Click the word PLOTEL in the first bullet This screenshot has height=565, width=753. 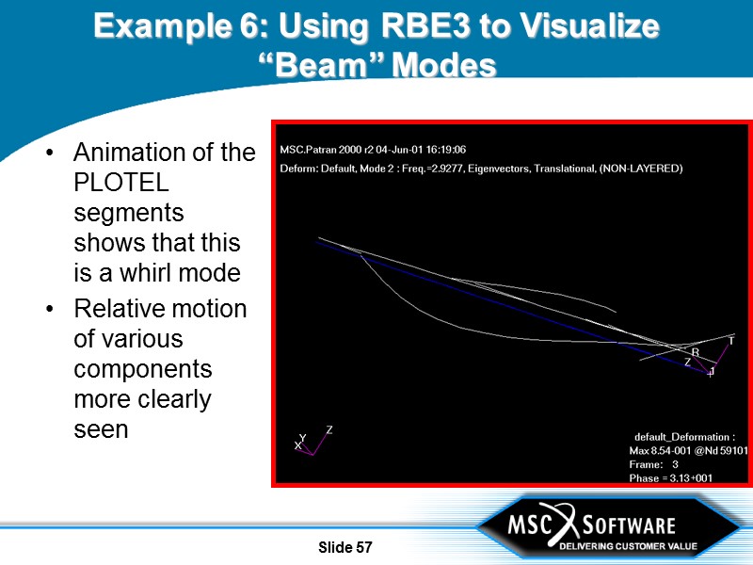click(114, 182)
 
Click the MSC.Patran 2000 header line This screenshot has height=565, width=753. click(373, 149)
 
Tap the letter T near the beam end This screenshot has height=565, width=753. click(730, 341)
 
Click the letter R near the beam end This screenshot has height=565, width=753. click(696, 352)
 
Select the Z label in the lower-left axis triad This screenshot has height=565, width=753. click(328, 429)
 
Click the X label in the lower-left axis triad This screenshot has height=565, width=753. click(297, 445)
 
